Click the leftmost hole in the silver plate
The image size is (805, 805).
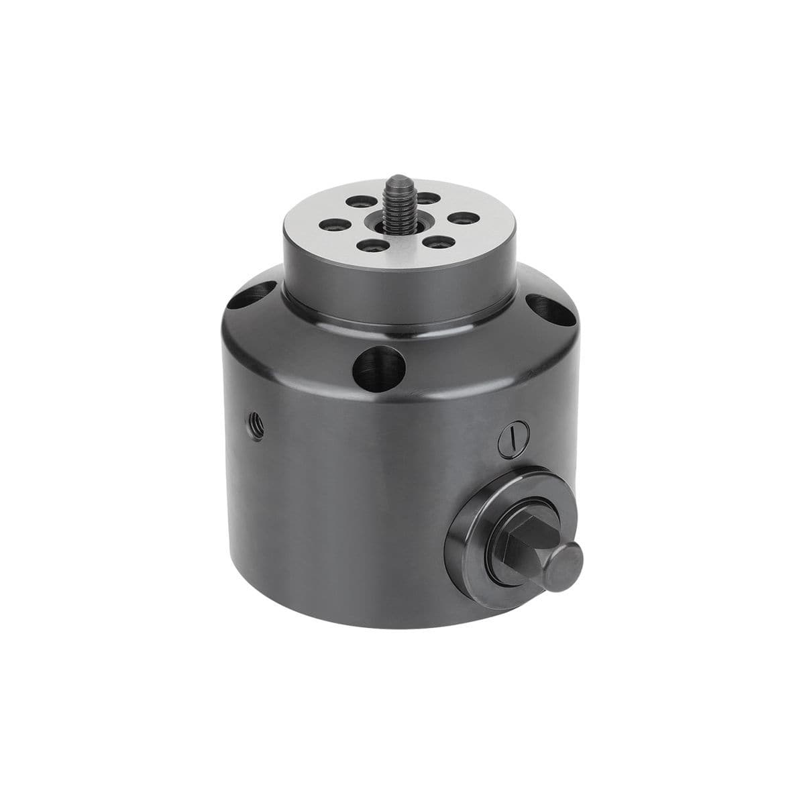(x=330, y=225)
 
